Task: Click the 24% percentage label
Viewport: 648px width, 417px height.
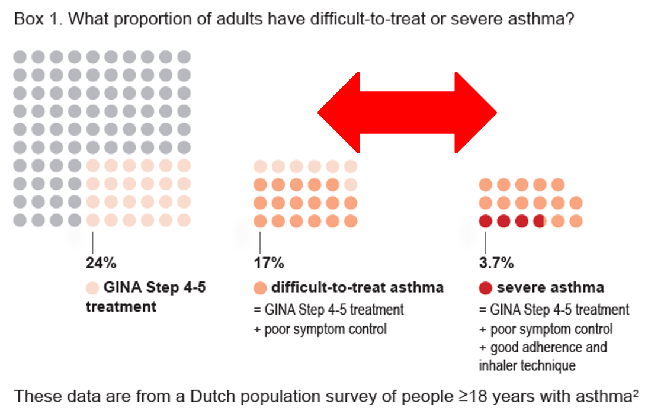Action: (x=101, y=262)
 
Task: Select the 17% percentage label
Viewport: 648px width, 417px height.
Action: (x=269, y=262)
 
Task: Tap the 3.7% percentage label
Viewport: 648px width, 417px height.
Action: (x=496, y=262)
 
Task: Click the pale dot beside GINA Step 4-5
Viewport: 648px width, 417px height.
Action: (x=92, y=288)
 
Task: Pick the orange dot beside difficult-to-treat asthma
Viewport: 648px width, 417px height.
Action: (x=260, y=288)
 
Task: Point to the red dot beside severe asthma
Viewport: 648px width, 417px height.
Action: (x=486, y=288)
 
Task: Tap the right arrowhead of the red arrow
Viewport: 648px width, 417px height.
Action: (x=476, y=112)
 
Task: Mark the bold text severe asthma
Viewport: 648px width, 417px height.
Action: (x=550, y=288)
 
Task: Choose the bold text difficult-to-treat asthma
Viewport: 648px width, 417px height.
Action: (x=357, y=288)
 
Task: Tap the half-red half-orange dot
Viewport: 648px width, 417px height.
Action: (x=539, y=222)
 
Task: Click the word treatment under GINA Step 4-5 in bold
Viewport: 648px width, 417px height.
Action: (x=121, y=307)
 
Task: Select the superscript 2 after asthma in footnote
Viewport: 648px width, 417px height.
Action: (x=635, y=393)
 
